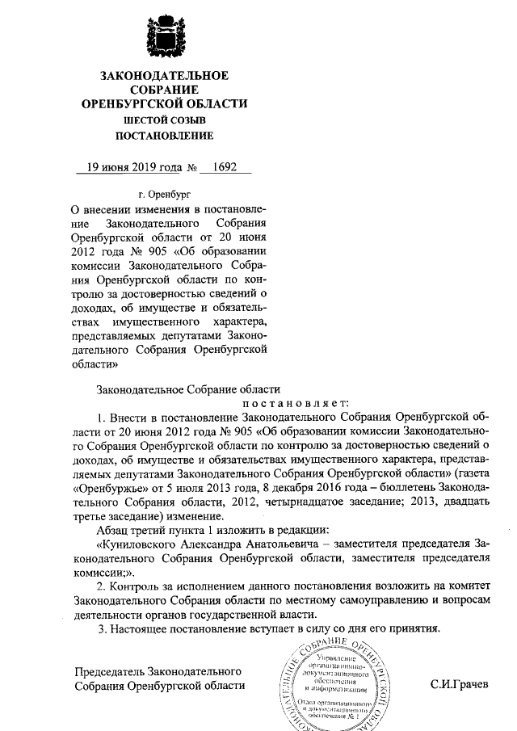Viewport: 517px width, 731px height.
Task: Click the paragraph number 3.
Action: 99,628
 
